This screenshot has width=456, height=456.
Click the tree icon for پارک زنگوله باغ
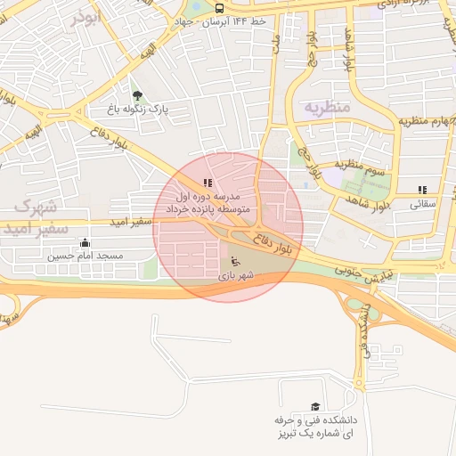click(136, 96)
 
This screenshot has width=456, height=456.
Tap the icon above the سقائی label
click(422, 190)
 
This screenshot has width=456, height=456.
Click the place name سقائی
click(422, 203)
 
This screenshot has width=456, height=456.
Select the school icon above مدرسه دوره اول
click(208, 183)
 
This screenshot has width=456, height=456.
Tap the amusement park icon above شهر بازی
click(235, 261)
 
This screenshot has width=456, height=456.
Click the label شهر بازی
click(235, 276)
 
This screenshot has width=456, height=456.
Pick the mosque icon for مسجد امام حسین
click(85, 242)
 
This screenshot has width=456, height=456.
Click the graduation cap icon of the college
click(314, 405)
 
